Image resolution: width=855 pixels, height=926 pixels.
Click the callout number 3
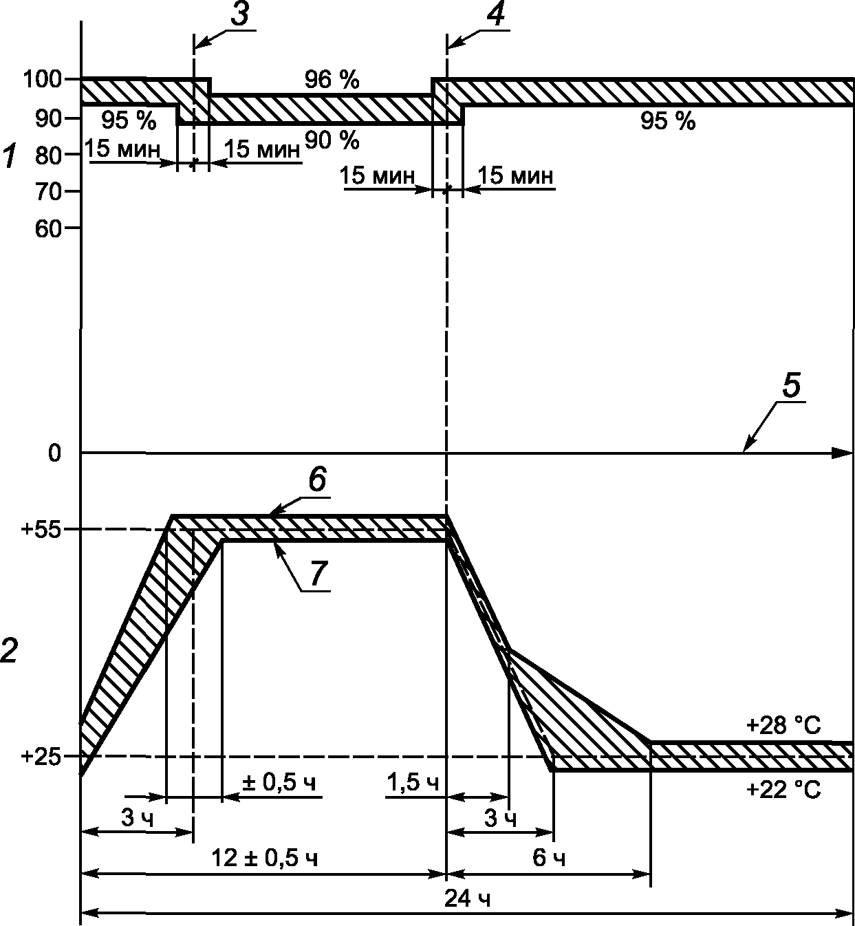click(x=240, y=15)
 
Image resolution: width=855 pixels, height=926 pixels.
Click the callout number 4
click(x=495, y=15)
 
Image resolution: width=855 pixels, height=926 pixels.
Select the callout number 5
click(x=791, y=385)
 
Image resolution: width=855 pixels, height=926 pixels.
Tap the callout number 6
click(x=318, y=481)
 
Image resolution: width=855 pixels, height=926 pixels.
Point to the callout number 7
click(x=318, y=574)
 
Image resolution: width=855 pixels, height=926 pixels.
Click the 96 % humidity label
click(x=332, y=80)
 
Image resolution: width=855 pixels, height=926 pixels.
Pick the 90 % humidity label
click(x=332, y=140)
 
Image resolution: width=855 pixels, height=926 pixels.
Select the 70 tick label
click(x=48, y=192)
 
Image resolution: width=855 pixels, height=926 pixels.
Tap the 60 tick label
click(x=48, y=228)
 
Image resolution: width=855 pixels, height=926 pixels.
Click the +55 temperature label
click(x=41, y=530)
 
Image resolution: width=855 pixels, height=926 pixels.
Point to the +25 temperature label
click(x=41, y=757)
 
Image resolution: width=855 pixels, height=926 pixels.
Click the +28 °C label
click(x=783, y=726)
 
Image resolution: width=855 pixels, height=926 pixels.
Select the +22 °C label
click(x=783, y=790)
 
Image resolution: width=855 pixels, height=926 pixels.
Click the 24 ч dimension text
click(x=467, y=899)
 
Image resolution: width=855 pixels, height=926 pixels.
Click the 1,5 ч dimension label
click(x=413, y=783)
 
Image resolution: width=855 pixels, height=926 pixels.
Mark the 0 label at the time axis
click(x=54, y=453)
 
